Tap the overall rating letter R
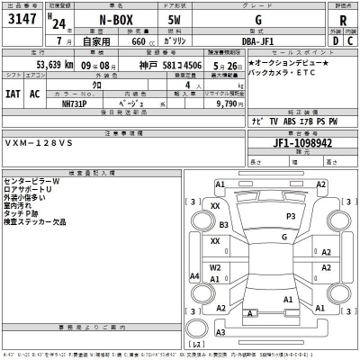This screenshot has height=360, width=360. coord(342,21)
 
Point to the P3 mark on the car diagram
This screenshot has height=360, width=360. coord(290,217)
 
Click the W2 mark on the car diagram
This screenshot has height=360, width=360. coord(215,267)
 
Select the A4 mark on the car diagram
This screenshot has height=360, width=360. coord(195,275)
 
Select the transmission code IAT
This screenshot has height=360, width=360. coord(12,94)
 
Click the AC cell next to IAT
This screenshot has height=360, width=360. coord(35,94)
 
